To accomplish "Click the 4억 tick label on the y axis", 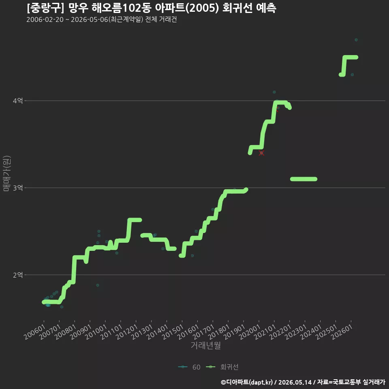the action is (18, 101).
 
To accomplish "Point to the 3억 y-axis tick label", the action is (18, 188).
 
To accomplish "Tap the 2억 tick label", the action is (18, 275).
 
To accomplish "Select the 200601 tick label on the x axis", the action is (35, 332).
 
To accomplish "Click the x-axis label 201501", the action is (173, 332).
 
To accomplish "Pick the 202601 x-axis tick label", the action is (342, 332).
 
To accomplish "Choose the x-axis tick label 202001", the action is (250, 332).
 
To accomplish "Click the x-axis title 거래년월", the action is (206, 345).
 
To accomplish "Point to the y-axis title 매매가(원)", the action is (7, 173).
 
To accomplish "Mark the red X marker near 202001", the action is (261, 153).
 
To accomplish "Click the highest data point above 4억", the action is (356, 40).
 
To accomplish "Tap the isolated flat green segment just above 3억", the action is (304, 179).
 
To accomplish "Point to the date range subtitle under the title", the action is (101, 19).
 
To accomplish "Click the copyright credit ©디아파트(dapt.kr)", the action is (247, 382).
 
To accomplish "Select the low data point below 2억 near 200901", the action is (98, 285).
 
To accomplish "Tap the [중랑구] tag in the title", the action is (45, 8).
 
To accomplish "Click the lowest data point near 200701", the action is (62, 307).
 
